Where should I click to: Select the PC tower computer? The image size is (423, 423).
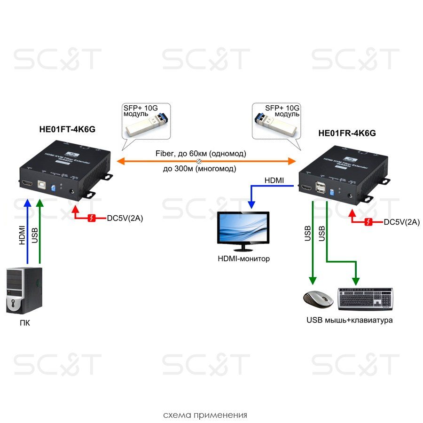click(24, 290)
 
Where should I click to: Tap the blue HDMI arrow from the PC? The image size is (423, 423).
click(28, 230)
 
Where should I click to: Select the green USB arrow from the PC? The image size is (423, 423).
click(40, 230)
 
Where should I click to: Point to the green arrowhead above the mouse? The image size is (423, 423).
click(312, 281)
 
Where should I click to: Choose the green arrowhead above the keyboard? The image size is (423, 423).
click(356, 281)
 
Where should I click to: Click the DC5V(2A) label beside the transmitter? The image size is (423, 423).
click(125, 218)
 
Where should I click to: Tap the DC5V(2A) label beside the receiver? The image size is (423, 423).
click(402, 222)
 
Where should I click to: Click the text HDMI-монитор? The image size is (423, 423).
click(243, 258)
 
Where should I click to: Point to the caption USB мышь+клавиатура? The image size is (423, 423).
click(349, 321)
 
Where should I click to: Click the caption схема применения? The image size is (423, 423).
click(205, 415)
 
